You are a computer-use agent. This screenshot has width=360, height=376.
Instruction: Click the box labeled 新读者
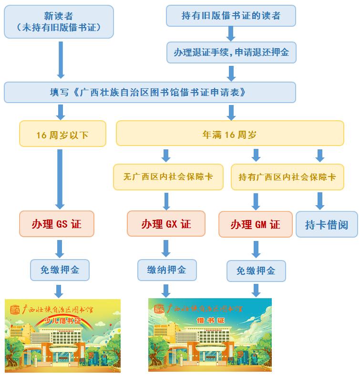(59, 21)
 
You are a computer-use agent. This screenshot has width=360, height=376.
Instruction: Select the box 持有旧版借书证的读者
(231, 16)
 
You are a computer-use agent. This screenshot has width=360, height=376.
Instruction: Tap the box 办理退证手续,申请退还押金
(231, 52)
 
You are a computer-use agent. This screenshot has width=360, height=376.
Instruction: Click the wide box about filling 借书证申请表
(150, 92)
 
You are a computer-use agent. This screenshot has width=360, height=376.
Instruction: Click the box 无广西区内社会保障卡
(168, 177)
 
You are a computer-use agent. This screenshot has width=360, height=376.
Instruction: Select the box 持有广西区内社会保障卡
(287, 177)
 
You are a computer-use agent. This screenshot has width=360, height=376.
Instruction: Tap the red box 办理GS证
(57, 224)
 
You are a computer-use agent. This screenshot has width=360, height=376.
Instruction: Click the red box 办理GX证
(166, 224)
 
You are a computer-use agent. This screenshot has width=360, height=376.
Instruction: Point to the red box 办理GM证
(256, 224)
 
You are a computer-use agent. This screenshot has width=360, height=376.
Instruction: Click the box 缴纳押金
(166, 270)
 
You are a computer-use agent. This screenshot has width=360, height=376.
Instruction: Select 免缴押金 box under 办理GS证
(60, 271)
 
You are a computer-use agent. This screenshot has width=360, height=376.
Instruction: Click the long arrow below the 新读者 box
(61, 59)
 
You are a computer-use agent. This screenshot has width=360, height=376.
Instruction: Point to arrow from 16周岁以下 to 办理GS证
(60, 179)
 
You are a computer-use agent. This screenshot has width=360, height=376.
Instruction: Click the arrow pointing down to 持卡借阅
(320, 201)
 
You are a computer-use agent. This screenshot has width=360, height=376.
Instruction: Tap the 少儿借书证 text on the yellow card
(62, 320)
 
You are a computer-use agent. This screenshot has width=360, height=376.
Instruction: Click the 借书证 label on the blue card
(209, 320)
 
